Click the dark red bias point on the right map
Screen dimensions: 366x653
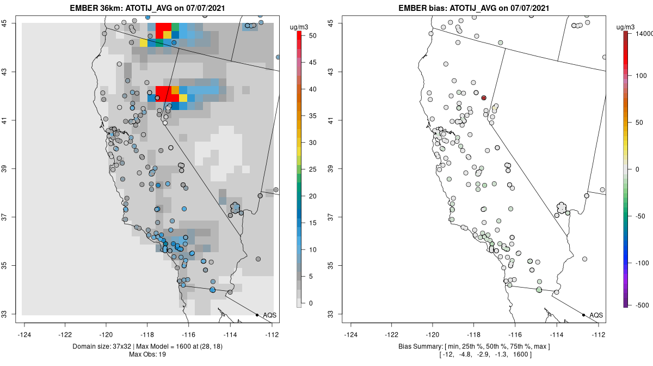click(483, 98)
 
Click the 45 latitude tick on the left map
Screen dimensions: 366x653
click(11, 23)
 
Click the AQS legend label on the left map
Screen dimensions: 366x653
click(269, 315)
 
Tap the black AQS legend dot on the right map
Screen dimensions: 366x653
click(583, 315)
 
